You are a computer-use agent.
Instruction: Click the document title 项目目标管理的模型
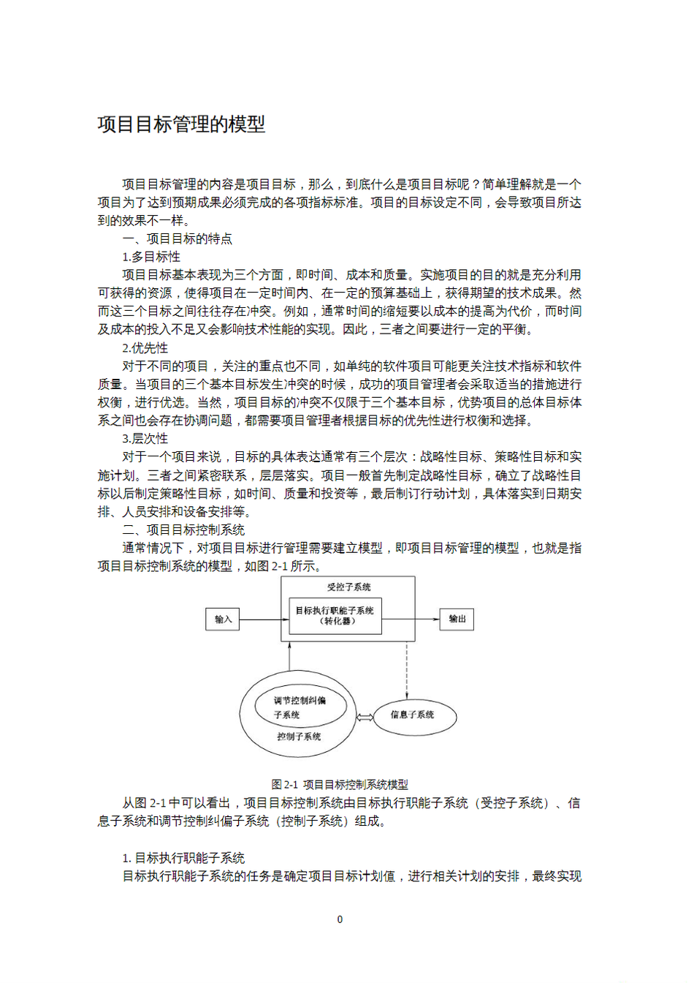(181, 124)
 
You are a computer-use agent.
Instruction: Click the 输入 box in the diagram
(223, 619)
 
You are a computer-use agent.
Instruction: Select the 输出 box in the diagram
(457, 619)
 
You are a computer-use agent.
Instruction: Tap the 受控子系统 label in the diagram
(348, 587)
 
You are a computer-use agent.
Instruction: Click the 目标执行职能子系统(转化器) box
(335, 616)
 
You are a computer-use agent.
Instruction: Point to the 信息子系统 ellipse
(413, 715)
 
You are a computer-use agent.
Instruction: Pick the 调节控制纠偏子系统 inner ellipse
(300, 707)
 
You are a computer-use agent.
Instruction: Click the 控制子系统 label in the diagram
(299, 737)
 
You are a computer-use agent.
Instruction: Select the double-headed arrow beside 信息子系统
(365, 718)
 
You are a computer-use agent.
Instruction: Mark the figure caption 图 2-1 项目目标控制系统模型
(340, 784)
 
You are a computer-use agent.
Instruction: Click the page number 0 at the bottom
(340, 919)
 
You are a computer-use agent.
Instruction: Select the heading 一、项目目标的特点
(178, 238)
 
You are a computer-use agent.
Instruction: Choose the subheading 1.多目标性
(151, 257)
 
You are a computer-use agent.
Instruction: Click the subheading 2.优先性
(145, 347)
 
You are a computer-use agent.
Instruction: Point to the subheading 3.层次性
(145, 438)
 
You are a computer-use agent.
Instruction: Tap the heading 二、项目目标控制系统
(183, 530)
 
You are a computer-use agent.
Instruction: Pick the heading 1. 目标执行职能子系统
(183, 858)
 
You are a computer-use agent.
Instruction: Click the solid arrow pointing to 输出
(411, 619)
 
